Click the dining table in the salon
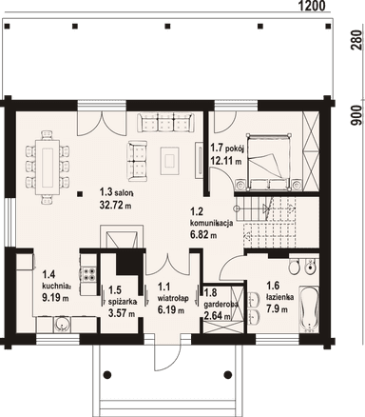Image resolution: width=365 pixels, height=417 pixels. point(47,166)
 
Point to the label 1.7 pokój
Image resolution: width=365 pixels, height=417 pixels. point(227,149)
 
